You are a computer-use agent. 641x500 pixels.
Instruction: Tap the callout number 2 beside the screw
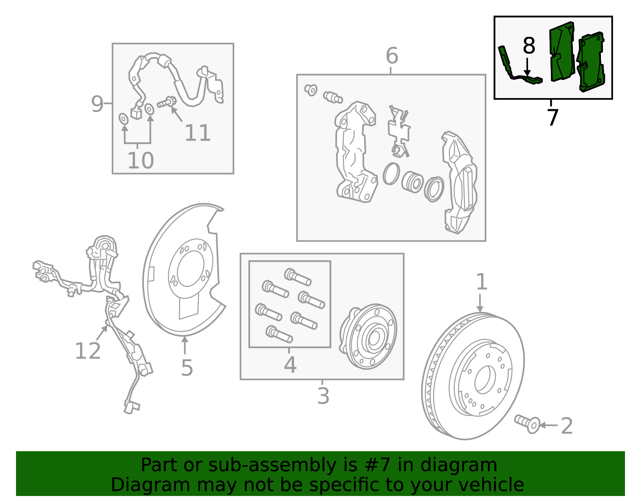[x=566, y=426]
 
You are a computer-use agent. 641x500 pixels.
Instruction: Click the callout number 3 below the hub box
[x=323, y=396]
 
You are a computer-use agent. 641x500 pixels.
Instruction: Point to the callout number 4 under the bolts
[x=290, y=365]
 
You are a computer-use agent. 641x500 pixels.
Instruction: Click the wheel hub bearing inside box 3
[x=368, y=337]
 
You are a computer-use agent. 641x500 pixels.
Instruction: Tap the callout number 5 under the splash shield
[x=187, y=367]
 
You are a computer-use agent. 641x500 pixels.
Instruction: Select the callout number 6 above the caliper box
[x=391, y=56]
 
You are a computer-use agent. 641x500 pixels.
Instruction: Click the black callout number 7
[x=552, y=118]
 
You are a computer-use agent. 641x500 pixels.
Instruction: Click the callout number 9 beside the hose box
[x=97, y=104]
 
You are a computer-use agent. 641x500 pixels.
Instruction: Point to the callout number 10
[x=140, y=161]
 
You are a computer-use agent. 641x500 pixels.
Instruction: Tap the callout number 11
[x=197, y=133]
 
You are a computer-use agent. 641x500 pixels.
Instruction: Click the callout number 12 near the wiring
[x=87, y=351]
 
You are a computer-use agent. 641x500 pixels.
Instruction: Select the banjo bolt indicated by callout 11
[x=166, y=102]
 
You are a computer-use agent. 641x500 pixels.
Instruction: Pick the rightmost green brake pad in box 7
[x=591, y=62]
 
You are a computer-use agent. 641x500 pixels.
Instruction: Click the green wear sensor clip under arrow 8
[x=532, y=80]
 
